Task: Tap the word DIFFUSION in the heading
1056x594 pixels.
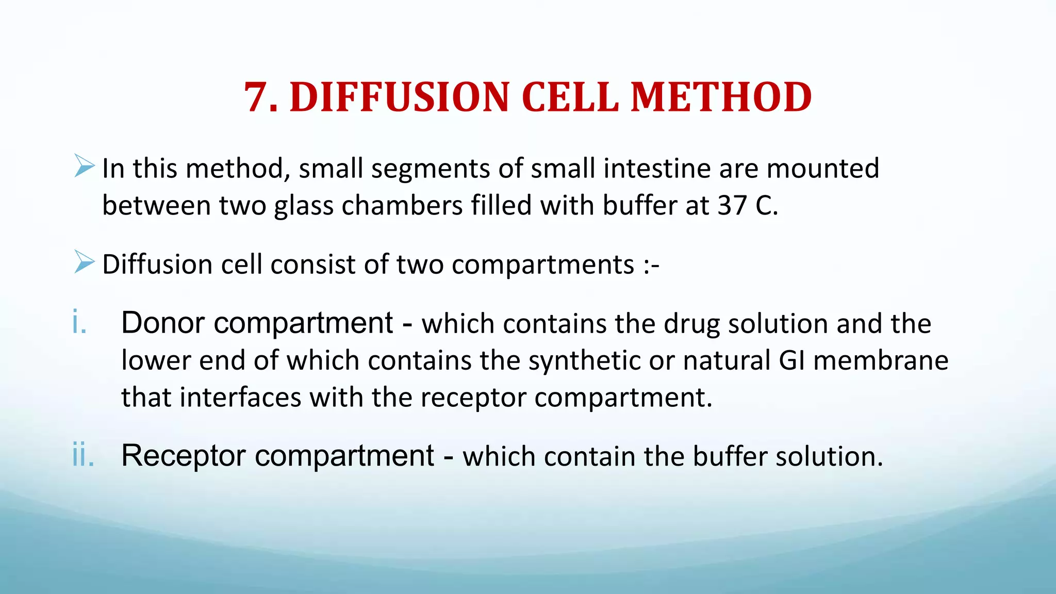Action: click(400, 97)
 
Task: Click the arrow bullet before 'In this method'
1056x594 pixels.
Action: click(84, 166)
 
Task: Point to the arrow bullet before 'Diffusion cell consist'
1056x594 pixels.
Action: click(84, 262)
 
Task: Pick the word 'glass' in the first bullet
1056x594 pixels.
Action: click(304, 206)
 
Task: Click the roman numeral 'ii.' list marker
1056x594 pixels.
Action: click(83, 455)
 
